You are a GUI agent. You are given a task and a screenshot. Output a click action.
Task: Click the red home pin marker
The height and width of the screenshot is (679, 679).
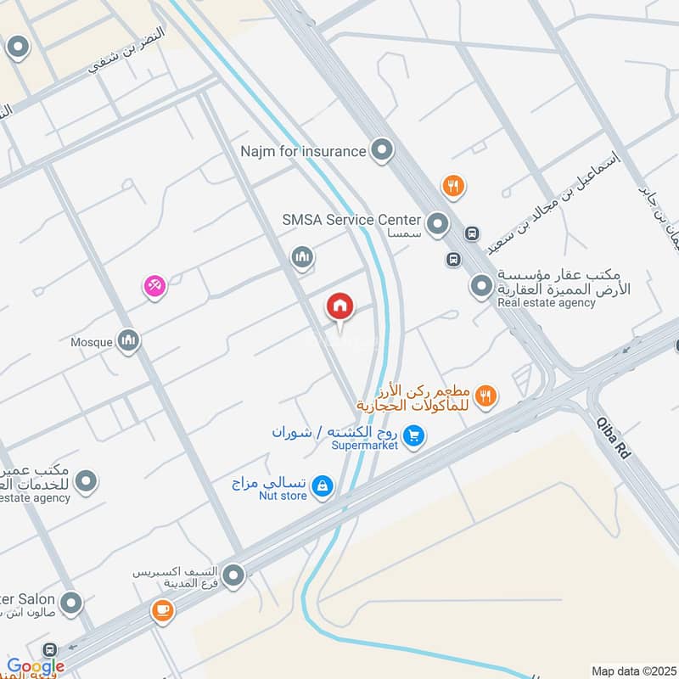click(x=340, y=306)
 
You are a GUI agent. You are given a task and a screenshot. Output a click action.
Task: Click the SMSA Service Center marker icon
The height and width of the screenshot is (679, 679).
click(x=437, y=224)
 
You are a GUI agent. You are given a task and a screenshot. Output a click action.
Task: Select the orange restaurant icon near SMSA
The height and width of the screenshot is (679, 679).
click(x=453, y=186)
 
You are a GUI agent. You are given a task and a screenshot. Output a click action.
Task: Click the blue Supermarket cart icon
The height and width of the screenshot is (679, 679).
click(x=413, y=436)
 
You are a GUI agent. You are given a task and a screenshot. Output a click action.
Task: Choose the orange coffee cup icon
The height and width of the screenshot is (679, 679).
click(x=161, y=610)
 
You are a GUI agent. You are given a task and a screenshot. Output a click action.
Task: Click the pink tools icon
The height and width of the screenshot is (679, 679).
click(x=154, y=287)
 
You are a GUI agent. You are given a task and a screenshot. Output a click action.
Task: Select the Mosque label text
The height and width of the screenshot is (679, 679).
click(x=91, y=342)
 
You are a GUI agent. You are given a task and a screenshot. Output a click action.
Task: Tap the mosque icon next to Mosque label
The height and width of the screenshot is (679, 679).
click(x=128, y=341)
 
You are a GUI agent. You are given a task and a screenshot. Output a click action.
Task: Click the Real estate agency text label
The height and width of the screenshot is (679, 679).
click(x=546, y=302)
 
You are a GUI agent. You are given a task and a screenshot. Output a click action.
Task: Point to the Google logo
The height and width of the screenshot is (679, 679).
click(x=35, y=667)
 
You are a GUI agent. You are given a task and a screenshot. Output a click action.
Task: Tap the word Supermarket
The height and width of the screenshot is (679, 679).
click(x=364, y=446)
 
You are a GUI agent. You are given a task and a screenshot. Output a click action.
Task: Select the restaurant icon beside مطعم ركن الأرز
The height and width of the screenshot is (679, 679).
click(x=486, y=394)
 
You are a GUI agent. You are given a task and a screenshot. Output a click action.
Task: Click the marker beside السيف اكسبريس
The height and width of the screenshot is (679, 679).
click(x=234, y=576)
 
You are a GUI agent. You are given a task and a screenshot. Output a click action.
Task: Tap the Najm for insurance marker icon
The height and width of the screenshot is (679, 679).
click(x=383, y=152)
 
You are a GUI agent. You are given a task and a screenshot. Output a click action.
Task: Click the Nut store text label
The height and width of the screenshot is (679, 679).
click(x=283, y=496)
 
